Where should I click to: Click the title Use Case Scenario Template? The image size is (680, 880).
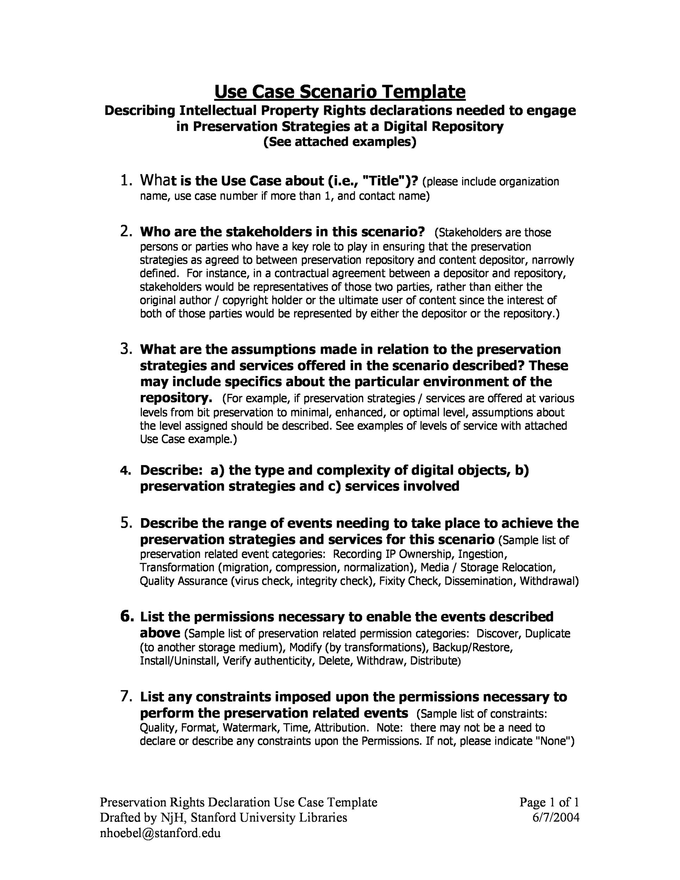[x=340, y=92]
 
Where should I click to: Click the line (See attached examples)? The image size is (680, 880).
[x=340, y=142]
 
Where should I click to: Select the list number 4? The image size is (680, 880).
[x=126, y=471]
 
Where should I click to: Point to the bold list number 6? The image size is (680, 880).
[x=126, y=616]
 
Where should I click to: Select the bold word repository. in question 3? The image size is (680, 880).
[x=176, y=398]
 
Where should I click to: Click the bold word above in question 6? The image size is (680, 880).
[x=160, y=633]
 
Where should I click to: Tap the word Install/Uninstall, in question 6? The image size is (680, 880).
[x=179, y=660]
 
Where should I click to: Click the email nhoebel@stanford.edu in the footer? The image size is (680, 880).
[x=160, y=833]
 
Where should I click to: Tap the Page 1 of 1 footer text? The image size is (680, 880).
[x=549, y=802]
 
